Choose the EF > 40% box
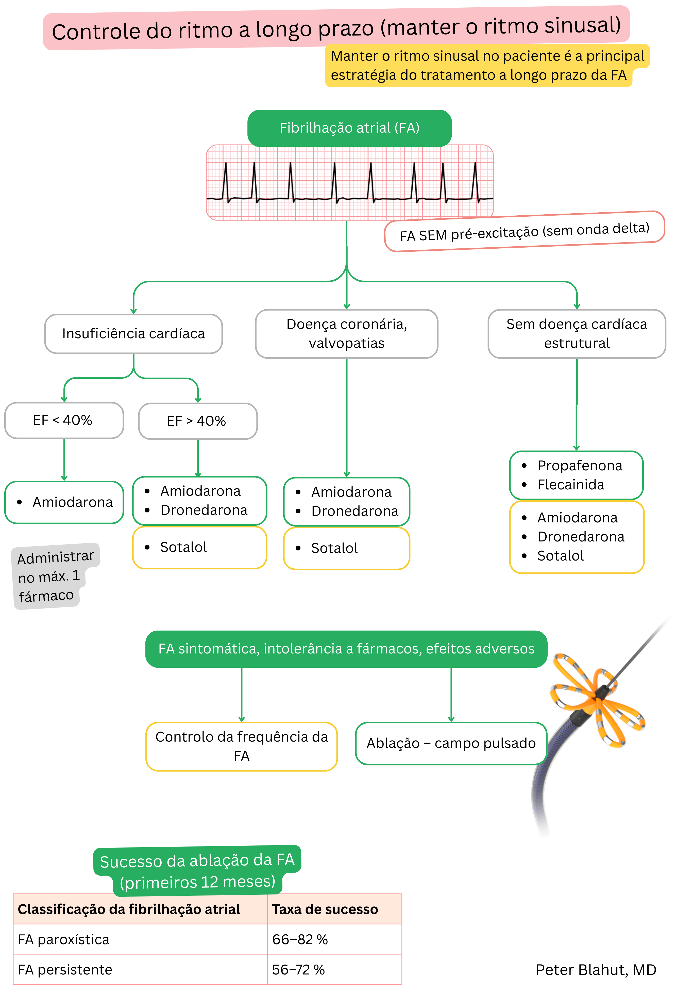click(197, 421)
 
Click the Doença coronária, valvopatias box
click(346, 333)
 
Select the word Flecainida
click(570, 485)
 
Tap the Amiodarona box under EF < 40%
click(64, 502)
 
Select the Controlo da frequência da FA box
click(241, 746)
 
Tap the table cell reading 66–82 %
click(300, 939)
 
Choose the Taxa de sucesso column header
click(325, 909)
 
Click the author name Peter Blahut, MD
click(596, 970)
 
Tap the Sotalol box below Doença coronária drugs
click(346, 548)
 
